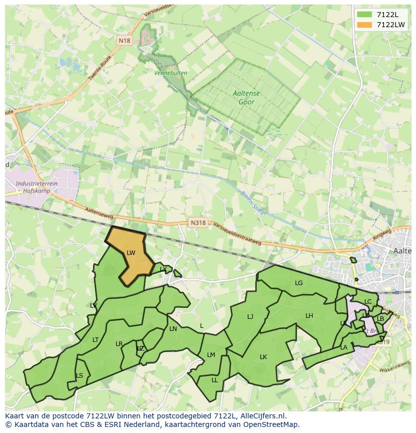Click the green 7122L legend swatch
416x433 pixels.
[x=366, y=15]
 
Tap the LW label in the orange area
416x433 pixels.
[x=131, y=253]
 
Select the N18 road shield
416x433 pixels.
[x=124, y=40]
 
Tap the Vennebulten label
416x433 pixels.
[x=171, y=73]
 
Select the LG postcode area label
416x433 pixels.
[x=299, y=283]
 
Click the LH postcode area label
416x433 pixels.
[x=309, y=316]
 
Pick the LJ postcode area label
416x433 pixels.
[x=250, y=317]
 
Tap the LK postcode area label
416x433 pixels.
[x=263, y=357]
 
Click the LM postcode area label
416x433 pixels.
[x=211, y=355]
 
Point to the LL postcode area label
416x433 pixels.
[x=215, y=380]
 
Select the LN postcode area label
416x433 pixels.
[x=173, y=329]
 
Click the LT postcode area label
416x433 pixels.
[x=95, y=340]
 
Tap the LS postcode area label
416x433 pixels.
[x=79, y=376]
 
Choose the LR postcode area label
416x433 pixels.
[x=119, y=344]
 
